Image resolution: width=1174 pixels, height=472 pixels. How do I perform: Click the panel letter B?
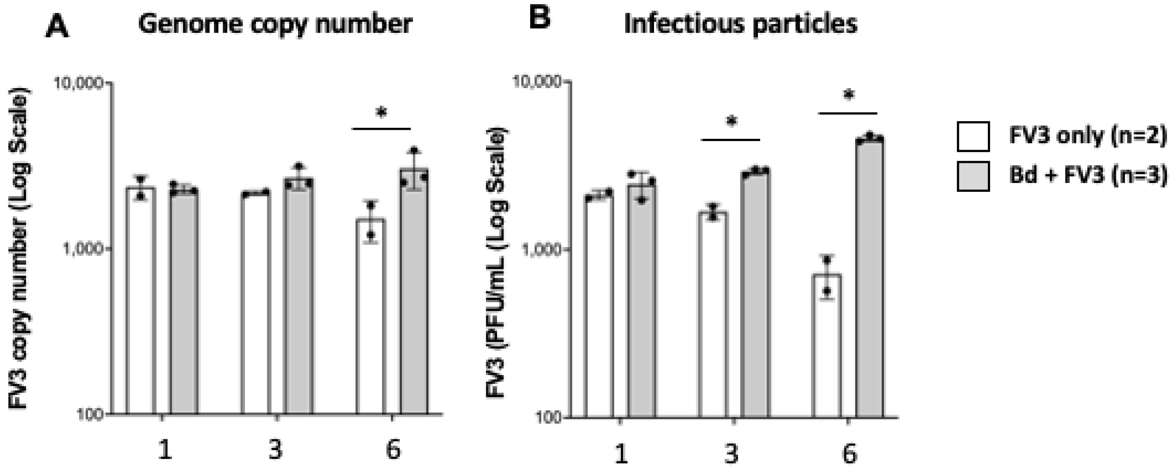pyautogui.click(x=540, y=19)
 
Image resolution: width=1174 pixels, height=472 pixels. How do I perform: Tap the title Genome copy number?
pyautogui.click(x=275, y=24)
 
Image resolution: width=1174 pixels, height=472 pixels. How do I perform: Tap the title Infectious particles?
pyautogui.click(x=741, y=24)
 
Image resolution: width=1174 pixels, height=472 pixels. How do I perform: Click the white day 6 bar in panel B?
pyautogui.click(x=827, y=347)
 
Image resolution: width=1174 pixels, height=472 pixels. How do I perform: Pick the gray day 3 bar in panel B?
pyautogui.click(x=755, y=294)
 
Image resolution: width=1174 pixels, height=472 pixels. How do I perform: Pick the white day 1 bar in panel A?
pyautogui.click(x=141, y=301)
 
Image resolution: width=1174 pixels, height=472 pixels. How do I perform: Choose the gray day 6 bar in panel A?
pyautogui.click(x=414, y=292)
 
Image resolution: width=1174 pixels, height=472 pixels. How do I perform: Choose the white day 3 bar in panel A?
pyautogui.click(x=255, y=303)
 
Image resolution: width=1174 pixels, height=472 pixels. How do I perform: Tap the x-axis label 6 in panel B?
pyautogui.click(x=848, y=454)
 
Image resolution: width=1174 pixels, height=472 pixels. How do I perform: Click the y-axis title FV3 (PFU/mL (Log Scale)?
pyautogui.click(x=497, y=264)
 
